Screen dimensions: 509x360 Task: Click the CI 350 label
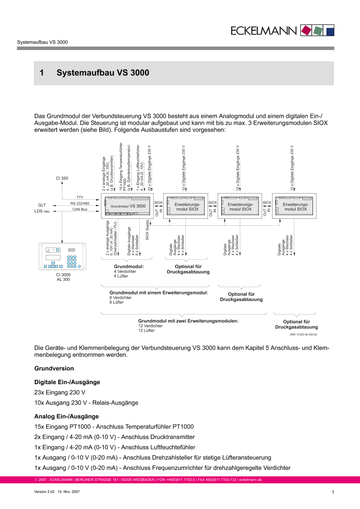click(62, 178)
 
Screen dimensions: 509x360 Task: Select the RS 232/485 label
click(80, 203)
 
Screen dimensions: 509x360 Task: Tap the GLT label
click(42, 204)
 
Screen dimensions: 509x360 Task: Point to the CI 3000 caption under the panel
click(63, 275)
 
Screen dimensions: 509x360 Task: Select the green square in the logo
click(319, 30)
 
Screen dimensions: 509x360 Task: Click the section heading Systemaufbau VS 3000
click(103, 73)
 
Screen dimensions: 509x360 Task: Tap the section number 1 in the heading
click(42, 73)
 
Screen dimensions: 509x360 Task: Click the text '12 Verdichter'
click(150, 326)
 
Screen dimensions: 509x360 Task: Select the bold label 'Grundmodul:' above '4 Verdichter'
click(128, 266)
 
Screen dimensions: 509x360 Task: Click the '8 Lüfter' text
click(116, 302)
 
